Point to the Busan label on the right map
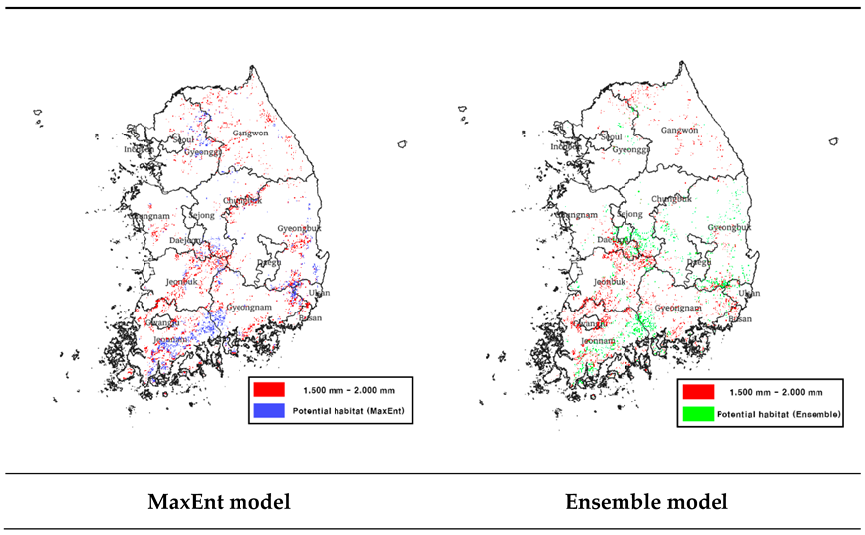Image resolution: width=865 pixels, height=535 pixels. [739, 319]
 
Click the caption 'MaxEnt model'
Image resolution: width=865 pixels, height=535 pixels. [220, 502]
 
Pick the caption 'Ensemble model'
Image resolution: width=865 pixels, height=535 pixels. [646, 502]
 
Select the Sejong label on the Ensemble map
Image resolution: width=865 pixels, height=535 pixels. [630, 214]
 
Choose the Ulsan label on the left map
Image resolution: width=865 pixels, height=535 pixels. [318, 293]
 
